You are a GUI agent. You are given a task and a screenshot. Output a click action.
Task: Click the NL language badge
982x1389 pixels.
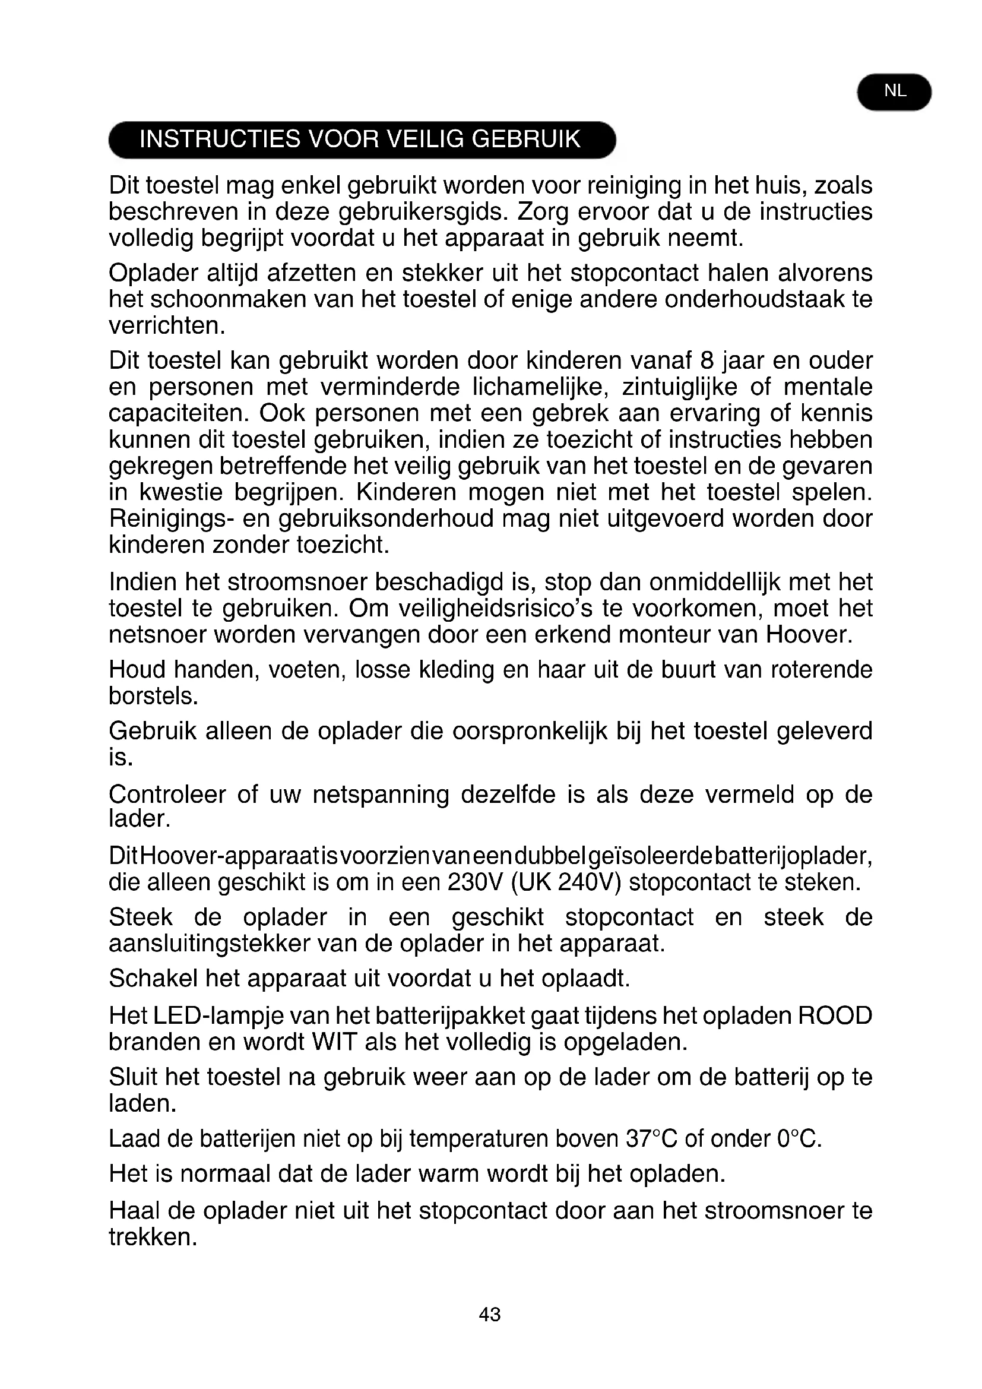(894, 92)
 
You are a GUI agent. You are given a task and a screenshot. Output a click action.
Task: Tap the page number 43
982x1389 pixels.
(489, 1314)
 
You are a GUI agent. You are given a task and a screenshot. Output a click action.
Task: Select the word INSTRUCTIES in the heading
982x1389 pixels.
(220, 140)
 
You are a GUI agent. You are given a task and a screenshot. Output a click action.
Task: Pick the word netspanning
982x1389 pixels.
(381, 795)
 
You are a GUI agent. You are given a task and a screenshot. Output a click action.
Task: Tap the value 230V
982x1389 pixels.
(476, 882)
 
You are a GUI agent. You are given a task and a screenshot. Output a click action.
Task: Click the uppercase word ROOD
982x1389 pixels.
(835, 1015)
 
